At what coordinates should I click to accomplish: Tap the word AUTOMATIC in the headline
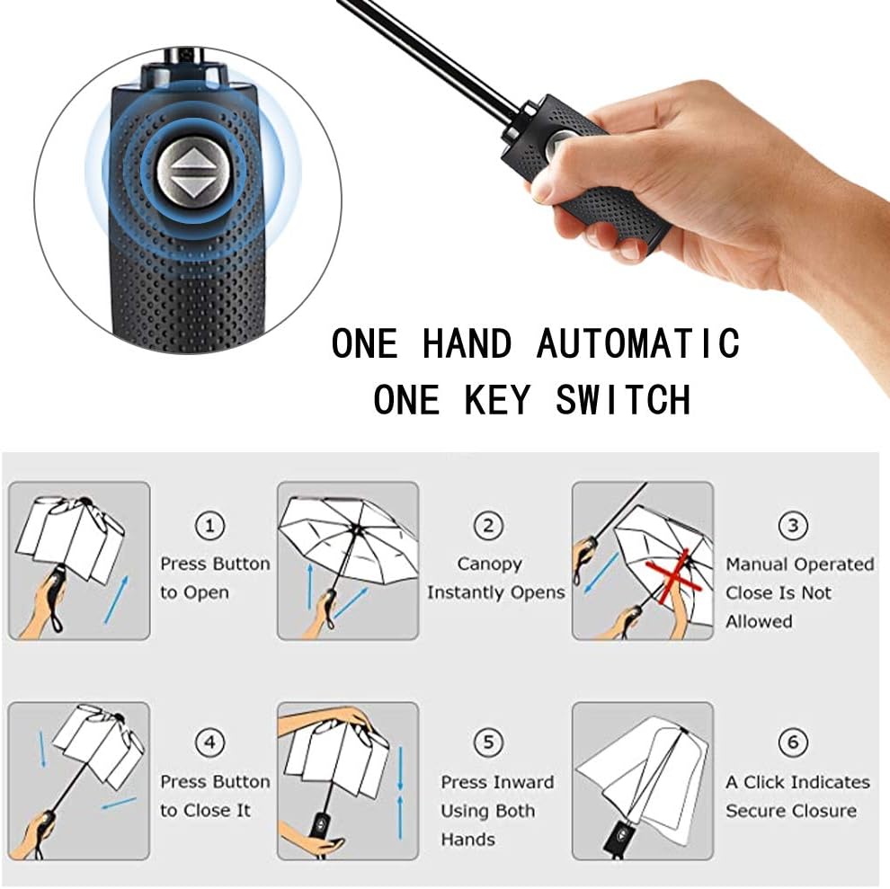(638, 343)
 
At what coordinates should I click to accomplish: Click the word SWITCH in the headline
(623, 400)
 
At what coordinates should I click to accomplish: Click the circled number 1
(209, 526)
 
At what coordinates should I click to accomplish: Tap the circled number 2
(488, 526)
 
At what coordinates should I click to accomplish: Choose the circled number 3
(793, 526)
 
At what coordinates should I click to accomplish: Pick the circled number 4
(209, 742)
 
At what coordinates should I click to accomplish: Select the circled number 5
(488, 742)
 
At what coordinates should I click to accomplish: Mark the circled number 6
(793, 742)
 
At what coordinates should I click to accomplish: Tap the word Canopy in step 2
(489, 565)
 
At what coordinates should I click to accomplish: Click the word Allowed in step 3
(759, 622)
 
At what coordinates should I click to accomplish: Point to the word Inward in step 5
(525, 782)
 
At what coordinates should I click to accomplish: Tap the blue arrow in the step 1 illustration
(116, 600)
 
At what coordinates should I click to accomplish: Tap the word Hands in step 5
(467, 840)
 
